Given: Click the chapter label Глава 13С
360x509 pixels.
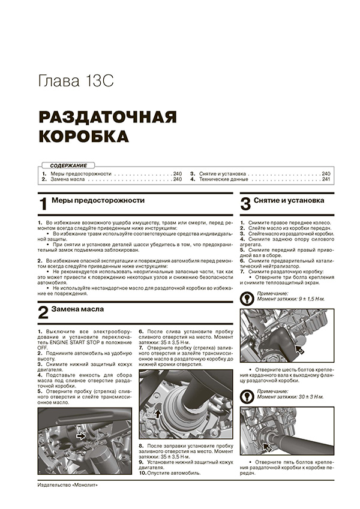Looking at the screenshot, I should [75, 80].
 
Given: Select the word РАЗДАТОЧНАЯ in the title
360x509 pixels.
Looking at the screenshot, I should [108, 116].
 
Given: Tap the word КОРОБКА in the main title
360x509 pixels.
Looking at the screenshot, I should [84, 136].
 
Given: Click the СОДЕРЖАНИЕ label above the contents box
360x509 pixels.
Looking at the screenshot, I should [68, 165].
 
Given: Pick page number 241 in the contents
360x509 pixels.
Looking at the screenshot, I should [326, 179].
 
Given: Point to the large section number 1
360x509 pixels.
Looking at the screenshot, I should [43, 204].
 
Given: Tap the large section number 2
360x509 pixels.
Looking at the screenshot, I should [43, 312].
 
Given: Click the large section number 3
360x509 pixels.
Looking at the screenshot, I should [245, 204].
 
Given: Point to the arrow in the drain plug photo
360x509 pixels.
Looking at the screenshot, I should [82, 437].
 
